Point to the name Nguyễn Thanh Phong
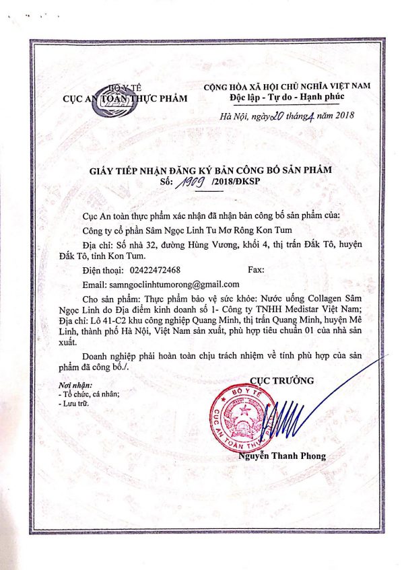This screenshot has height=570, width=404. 291,456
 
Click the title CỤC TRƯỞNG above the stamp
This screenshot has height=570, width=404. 281,381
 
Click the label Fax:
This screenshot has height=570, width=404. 257,269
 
